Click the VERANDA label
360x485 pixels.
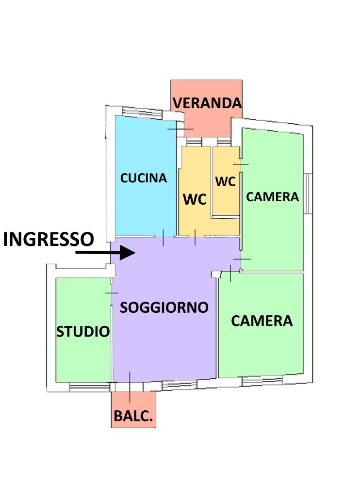tap(207, 103)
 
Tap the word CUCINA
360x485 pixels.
tap(144, 178)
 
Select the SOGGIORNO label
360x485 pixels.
tap(164, 307)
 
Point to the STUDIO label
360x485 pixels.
tap(83, 332)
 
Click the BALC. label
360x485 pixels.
tap(133, 416)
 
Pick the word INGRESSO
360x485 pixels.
tap(49, 239)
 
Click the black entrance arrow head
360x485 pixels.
tap(128, 253)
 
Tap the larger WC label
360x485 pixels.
tap(195, 199)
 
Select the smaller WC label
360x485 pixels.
tap(225, 181)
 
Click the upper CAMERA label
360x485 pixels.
tap(272, 197)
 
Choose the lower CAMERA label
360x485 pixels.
tap(262, 321)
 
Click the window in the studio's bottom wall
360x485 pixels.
tap(89, 387)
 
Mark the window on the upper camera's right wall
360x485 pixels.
tap(308, 194)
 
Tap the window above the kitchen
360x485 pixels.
tap(142, 113)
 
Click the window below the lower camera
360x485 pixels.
tap(262, 381)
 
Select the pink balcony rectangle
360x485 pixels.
tap(133, 410)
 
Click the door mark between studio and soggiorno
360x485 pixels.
tap(112, 293)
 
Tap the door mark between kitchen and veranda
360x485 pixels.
tap(181, 129)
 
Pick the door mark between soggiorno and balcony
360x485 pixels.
tap(130, 387)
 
